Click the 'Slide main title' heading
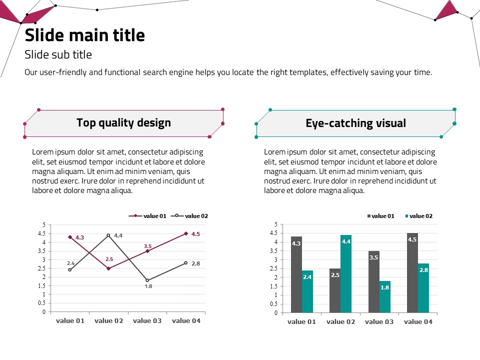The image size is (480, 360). [x=85, y=35]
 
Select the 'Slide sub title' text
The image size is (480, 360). [x=58, y=54]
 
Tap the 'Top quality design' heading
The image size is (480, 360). [x=123, y=122]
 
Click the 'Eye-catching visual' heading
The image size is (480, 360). [x=355, y=123]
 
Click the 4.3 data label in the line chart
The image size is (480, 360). [x=79, y=237]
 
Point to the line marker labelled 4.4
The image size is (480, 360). [x=108, y=235]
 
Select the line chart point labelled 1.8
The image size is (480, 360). [x=147, y=280]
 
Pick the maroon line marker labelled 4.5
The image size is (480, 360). [x=186, y=233]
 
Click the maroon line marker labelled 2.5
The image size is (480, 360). [x=108, y=268]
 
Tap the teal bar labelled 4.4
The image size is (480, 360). [x=346, y=273]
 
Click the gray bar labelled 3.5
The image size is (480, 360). [x=374, y=281]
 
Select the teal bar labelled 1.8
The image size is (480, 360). [x=384, y=296]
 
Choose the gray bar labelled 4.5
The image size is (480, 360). [x=412, y=272]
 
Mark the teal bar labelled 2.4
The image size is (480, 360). [x=307, y=291]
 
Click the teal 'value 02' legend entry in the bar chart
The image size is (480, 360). [x=418, y=216]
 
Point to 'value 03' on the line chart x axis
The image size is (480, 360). [x=147, y=320]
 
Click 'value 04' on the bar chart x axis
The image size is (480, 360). [x=418, y=321]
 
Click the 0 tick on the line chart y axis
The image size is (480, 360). [x=44, y=312]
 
